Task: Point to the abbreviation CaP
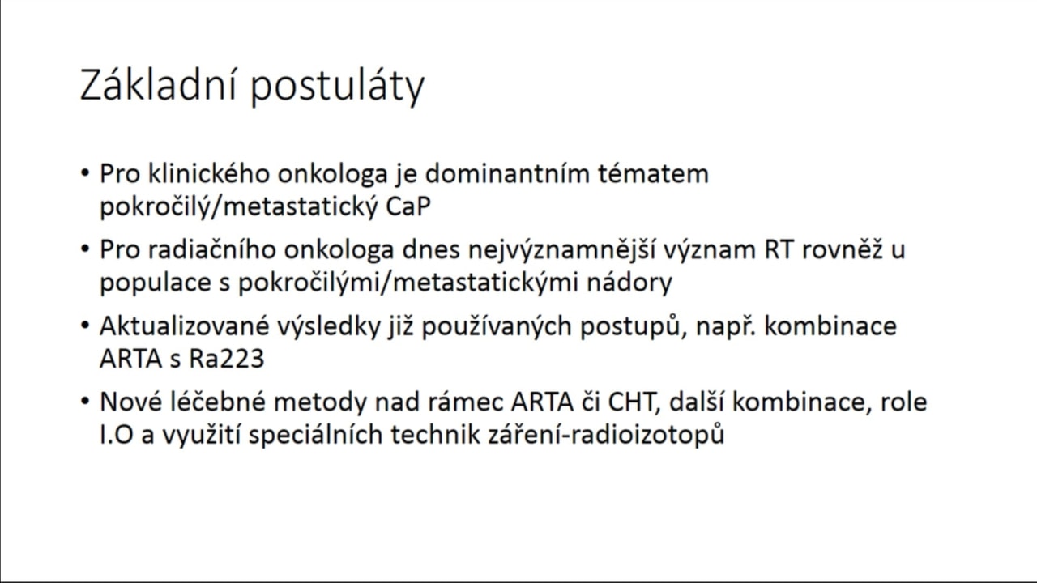click(x=408, y=206)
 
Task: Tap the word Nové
click(x=131, y=402)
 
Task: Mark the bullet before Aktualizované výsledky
click(x=85, y=326)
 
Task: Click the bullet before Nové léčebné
click(x=85, y=402)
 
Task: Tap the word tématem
click(x=653, y=174)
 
